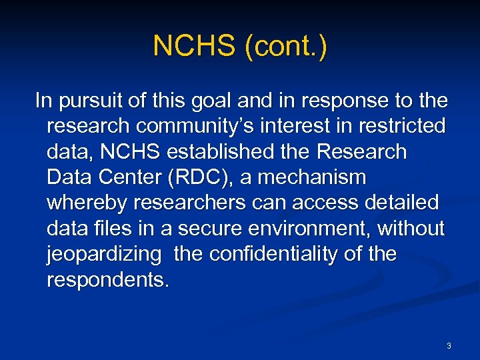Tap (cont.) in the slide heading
pyautogui.click(x=286, y=47)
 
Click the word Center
pyautogui.click(x=127, y=177)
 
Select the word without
pyautogui.click(x=411, y=228)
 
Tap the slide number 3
pyautogui.click(x=449, y=346)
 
